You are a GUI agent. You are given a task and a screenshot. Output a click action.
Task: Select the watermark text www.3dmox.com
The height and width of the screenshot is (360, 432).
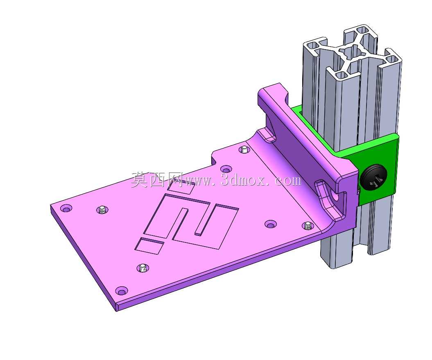[x=242, y=181]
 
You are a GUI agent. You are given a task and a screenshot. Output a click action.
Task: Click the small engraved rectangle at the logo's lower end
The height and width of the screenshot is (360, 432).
[x=149, y=246]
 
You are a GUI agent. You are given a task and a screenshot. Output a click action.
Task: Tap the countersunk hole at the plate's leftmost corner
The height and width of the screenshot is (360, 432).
[x=66, y=208]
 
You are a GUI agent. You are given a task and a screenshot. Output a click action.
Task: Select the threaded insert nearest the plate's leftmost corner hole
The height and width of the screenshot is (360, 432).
[x=102, y=211]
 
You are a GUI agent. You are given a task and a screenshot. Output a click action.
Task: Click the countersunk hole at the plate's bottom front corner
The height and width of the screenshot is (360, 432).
[x=121, y=290]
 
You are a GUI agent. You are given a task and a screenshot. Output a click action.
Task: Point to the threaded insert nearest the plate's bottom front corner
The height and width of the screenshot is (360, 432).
[x=143, y=268]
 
